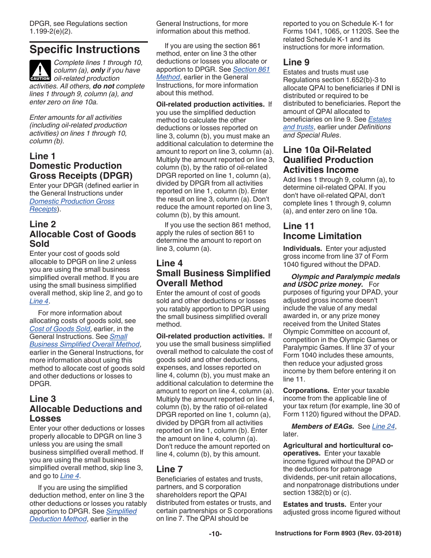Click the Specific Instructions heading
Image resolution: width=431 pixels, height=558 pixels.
pyautogui.click(x=85, y=49)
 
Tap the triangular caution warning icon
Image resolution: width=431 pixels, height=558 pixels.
pyautogui.click(x=40, y=71)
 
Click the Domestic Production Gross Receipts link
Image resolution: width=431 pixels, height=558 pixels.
pyautogui.click(x=72, y=201)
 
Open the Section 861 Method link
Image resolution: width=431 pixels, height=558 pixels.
pyautogui.click(x=251, y=69)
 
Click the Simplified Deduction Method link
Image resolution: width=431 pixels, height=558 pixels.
pyautogui.click(x=121, y=511)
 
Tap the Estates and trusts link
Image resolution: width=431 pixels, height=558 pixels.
pyautogui.click(x=379, y=119)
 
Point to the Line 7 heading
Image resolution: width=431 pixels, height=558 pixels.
pyautogui.click(x=170, y=469)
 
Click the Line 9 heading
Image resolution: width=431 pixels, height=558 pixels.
pyautogui.click(x=296, y=62)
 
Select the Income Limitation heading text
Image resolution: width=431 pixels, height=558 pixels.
pyautogui.click(x=322, y=236)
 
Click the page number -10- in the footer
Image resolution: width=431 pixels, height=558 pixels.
pyautogui.click(x=215, y=534)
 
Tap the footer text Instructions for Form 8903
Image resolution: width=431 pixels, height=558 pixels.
pyautogui.click(x=338, y=534)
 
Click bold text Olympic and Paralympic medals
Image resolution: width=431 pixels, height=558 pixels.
pyautogui.click(x=345, y=277)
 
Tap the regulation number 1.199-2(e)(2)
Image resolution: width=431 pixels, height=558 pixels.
pyautogui.click(x=50, y=31)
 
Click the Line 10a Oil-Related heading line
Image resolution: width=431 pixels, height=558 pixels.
pyautogui.click(x=327, y=150)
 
